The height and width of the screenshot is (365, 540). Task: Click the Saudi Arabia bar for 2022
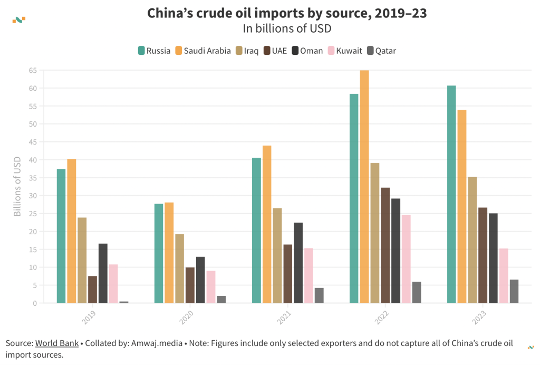pyautogui.click(x=364, y=187)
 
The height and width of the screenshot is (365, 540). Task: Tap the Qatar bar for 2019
pyautogui.click(x=124, y=302)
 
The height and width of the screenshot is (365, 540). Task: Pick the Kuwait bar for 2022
pyautogui.click(x=406, y=259)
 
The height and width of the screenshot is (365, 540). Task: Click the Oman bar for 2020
pyautogui.click(x=200, y=280)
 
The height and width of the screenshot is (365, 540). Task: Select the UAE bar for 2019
pyautogui.click(x=93, y=290)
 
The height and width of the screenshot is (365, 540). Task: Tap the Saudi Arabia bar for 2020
pyautogui.click(x=169, y=253)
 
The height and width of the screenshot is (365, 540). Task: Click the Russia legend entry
pyautogui.click(x=154, y=51)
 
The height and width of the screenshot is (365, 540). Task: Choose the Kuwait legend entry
pyautogui.click(x=345, y=51)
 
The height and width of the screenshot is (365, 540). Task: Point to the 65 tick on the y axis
pyautogui.click(x=33, y=70)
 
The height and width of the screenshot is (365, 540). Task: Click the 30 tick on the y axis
pyautogui.click(x=33, y=196)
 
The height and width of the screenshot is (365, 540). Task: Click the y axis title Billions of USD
pyautogui.click(x=17, y=187)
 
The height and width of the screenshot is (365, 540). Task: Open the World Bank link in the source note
pyautogui.click(x=57, y=343)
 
